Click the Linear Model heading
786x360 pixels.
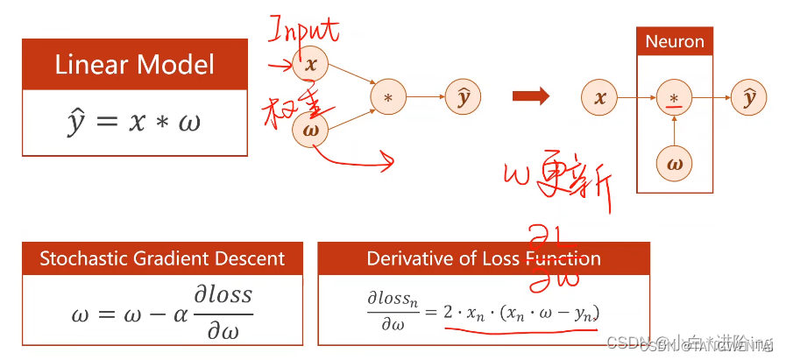[134, 65]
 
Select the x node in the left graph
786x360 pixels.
[309, 65]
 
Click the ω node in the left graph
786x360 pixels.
[309, 129]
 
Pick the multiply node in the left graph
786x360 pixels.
[387, 97]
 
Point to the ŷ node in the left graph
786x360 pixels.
[463, 97]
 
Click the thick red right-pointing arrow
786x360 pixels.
[532, 96]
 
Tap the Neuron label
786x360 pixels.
[674, 42]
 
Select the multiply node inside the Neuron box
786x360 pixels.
[674, 97]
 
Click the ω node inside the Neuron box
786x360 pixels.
[674, 162]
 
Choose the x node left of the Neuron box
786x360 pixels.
[599, 97]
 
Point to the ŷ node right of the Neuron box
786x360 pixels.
[749, 97]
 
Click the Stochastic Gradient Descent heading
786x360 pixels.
[162, 258]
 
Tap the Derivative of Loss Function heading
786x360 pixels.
[484, 258]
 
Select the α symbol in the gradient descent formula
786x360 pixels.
[180, 313]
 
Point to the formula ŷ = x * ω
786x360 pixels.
[134, 121]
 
